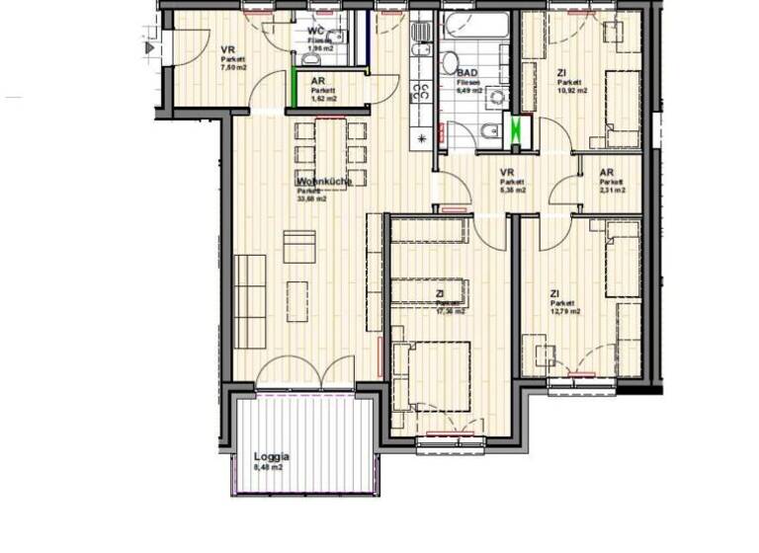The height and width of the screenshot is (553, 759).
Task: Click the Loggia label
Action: (x=271, y=457)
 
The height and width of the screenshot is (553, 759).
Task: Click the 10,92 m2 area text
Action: (x=571, y=90)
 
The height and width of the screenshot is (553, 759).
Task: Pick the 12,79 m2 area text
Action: (x=564, y=311)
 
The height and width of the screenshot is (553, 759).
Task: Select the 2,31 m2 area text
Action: (x=613, y=191)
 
